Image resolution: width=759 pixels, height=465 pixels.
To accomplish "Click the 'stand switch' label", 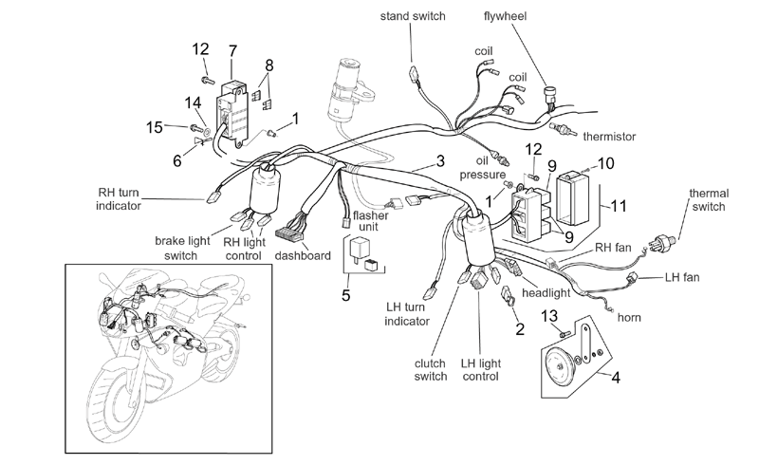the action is click(413, 16).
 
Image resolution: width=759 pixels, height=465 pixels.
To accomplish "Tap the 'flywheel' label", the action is click(505, 16).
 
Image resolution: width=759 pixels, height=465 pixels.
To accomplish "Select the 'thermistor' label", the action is click(609, 137).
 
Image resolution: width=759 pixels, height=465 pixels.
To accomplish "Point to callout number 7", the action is click(232, 51).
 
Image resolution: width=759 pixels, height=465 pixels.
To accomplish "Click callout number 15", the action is click(155, 127).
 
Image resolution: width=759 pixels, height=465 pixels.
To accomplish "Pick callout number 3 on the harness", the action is click(440, 160).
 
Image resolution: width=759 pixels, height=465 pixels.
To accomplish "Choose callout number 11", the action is click(619, 206).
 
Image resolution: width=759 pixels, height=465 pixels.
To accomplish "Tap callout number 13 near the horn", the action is click(549, 316).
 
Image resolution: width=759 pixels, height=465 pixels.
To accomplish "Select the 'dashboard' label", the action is click(303, 256).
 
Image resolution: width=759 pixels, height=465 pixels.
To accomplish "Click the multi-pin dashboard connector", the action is click(289, 233).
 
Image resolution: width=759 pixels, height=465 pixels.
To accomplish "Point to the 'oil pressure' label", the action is click(482, 168).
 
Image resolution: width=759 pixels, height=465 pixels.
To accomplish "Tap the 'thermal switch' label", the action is click(709, 199).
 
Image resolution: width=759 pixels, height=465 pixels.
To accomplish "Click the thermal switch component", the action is click(664, 241).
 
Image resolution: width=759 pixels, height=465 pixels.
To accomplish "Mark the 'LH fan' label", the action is click(682, 277).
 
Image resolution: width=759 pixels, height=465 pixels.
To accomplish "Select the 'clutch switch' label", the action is click(431, 369).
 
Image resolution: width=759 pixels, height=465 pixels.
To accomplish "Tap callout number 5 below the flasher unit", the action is click(345, 295).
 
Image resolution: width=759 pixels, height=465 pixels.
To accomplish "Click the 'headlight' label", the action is click(546, 293).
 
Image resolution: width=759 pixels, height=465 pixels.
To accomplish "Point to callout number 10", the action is click(605, 163).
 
